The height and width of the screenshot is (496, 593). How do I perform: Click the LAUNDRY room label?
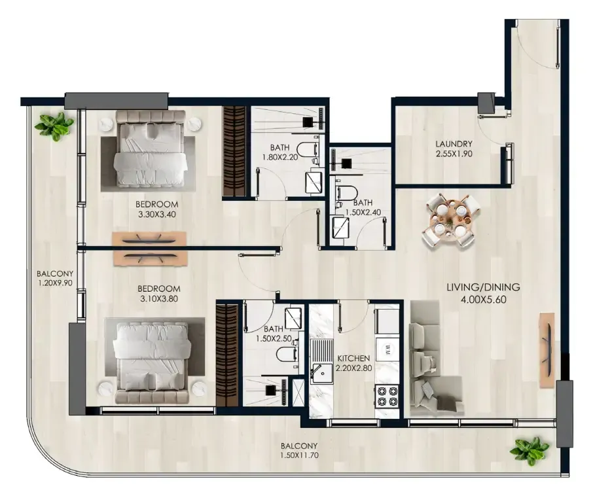pyautogui.click(x=454, y=144)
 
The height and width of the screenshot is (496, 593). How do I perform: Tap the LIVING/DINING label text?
pyautogui.click(x=483, y=287)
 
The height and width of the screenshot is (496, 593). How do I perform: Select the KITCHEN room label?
pyautogui.click(x=353, y=358)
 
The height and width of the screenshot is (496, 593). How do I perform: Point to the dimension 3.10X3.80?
pyautogui.click(x=159, y=298)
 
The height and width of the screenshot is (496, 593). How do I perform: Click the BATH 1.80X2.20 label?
pyautogui.click(x=280, y=152)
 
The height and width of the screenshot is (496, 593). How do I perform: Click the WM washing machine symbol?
pyautogui.click(x=387, y=347)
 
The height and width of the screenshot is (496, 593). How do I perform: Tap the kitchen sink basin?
pyautogui.click(x=321, y=374)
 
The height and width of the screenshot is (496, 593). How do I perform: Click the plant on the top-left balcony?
pyautogui.click(x=54, y=125)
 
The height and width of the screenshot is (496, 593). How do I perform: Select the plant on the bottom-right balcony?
pyautogui.click(x=530, y=450)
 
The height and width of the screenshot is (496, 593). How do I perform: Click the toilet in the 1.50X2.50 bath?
pyautogui.click(x=285, y=355)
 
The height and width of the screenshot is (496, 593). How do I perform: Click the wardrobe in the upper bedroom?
pyautogui.click(x=234, y=151)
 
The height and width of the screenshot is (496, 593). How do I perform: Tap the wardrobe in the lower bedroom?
pyautogui.click(x=228, y=355)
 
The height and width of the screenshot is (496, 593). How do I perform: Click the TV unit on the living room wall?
pyautogui.click(x=547, y=349)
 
